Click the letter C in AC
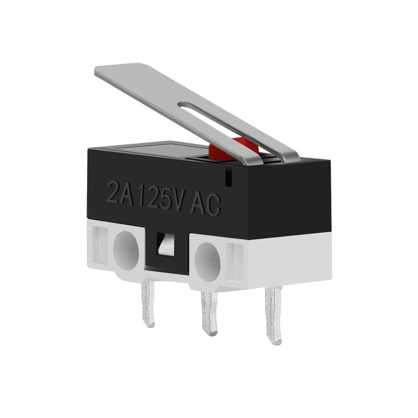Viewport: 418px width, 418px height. pos(213,205)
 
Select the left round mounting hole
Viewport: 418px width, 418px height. pos(126,250)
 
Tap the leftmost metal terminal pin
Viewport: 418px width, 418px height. pos(148,304)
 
